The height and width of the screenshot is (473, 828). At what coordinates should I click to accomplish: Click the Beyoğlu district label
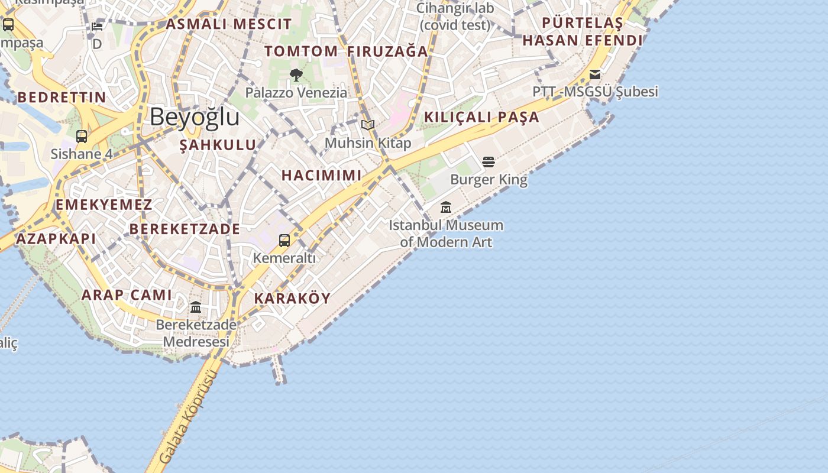194,117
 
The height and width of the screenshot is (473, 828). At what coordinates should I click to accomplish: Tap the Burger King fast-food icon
489,162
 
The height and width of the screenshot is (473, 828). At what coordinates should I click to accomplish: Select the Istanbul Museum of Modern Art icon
446,208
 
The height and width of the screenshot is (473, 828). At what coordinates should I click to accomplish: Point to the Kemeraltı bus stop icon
284,241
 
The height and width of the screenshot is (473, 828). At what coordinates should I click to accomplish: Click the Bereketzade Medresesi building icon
196,307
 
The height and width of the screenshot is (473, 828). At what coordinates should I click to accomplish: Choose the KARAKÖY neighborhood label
292,299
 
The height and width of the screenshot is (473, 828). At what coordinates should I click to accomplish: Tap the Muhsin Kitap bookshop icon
368,125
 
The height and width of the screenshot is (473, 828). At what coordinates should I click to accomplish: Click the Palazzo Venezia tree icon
296,75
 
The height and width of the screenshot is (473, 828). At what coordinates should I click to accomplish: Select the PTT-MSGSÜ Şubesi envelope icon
595,74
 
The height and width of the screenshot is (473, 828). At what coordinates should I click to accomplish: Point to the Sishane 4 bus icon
82,137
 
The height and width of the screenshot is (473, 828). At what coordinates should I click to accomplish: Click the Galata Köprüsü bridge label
185,416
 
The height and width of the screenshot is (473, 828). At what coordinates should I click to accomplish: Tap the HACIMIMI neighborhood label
321,176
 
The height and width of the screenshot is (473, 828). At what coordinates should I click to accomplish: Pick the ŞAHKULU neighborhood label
218,145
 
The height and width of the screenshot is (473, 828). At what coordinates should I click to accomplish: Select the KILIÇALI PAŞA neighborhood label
481,117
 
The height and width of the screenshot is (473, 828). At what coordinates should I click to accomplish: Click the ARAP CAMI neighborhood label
127,295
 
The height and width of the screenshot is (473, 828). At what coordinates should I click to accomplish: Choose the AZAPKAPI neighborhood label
56,239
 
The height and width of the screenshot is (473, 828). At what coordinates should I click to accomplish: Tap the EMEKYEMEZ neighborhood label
103,205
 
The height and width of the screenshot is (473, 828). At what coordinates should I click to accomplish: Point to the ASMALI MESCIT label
229,24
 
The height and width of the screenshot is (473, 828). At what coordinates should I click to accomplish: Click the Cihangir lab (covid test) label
455,17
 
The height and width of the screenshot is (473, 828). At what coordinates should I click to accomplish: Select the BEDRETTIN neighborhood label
62,98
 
